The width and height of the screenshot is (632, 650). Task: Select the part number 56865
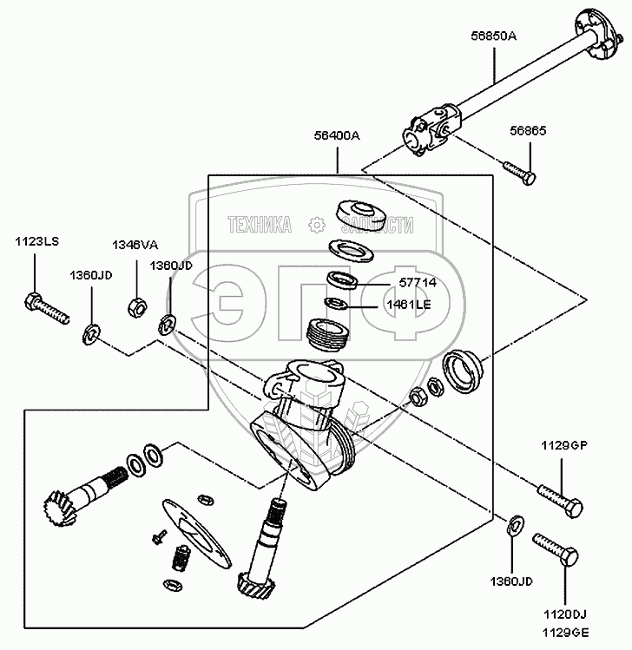[528, 130]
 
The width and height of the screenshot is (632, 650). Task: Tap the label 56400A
[336, 137]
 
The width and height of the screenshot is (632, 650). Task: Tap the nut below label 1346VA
[136, 305]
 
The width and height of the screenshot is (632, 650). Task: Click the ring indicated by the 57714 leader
[343, 280]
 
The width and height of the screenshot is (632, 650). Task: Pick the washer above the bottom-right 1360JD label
[514, 523]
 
